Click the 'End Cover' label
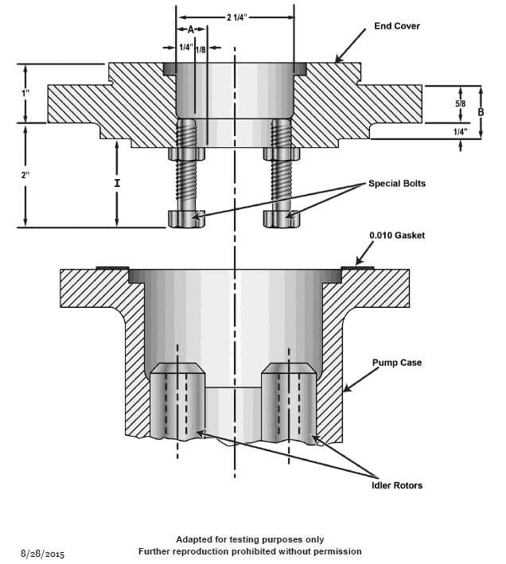coord(396,26)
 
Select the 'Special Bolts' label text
coord(396,183)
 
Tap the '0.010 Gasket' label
coord(397,235)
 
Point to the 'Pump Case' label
coord(397,363)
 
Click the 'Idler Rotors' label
coord(397,485)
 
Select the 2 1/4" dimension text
coord(235,16)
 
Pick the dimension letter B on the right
coord(480,112)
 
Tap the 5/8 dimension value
coord(460,103)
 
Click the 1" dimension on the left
coord(26,93)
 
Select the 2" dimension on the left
coord(26,175)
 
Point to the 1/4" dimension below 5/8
coord(460,131)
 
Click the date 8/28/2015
coord(44,552)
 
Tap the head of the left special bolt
coord(186,219)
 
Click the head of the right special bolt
coord(282,219)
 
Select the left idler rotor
coord(177,402)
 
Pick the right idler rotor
coord(289,402)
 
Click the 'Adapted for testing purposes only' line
coord(249,539)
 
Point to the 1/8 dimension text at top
coord(200,49)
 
